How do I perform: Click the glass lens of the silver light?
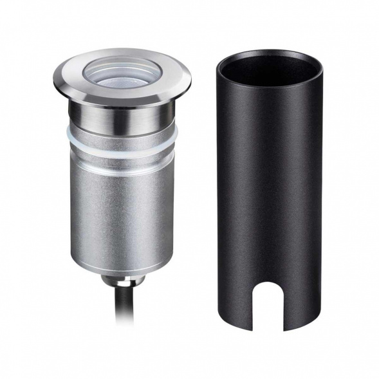123,73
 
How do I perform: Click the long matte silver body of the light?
122,212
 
